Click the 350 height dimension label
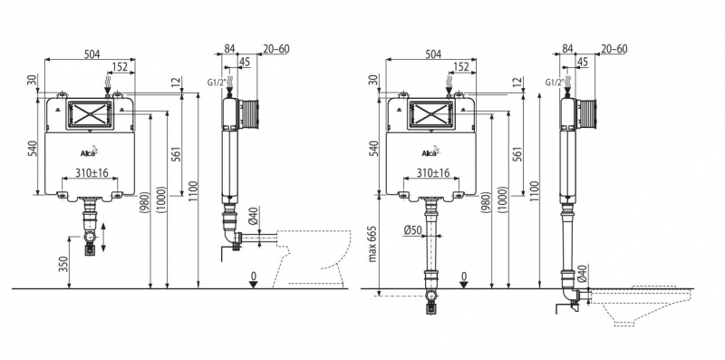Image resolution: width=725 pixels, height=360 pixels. [64, 264]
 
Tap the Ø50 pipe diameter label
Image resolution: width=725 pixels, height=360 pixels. [412, 229]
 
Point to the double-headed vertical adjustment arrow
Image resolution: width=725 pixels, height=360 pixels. [103, 238]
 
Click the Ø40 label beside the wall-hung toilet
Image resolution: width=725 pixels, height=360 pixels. [582, 273]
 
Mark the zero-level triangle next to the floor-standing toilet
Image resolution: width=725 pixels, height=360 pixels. [253, 284]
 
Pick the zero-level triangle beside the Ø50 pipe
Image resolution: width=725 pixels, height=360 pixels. [464, 284]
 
